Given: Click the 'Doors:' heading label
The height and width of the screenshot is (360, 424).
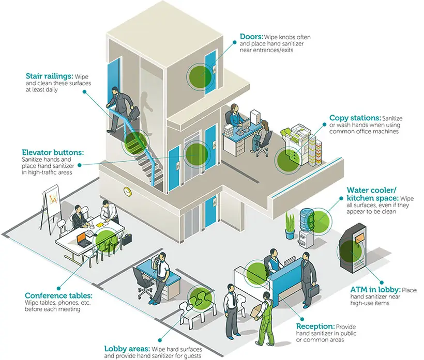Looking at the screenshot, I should click(252, 37).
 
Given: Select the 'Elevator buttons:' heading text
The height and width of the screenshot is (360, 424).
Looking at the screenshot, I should click(53, 152).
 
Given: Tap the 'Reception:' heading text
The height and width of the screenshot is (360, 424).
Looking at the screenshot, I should click(315, 326).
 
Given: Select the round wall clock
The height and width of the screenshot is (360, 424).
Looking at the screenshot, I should click(127, 192).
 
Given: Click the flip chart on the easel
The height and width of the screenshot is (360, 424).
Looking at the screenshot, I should click(52, 198).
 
